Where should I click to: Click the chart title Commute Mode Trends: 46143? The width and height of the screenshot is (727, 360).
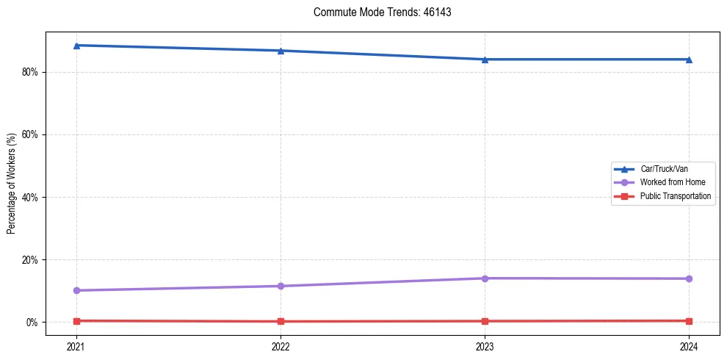pyautogui.click(x=377, y=12)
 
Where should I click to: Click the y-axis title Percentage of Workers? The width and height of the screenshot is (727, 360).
pyautogui.click(x=12, y=183)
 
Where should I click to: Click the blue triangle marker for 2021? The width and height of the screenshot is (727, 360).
pyautogui.click(x=76, y=46)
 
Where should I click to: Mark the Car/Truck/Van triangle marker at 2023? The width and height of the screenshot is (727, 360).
pyautogui.click(x=485, y=60)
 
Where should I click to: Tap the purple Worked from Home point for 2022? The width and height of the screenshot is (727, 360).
pyautogui.click(x=281, y=286)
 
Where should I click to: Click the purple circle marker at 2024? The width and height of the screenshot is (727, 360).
pyautogui.click(x=689, y=278)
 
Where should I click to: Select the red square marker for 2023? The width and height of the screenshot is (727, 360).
pyautogui.click(x=485, y=321)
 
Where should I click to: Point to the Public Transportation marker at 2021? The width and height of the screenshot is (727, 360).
pyautogui.click(x=76, y=321)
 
